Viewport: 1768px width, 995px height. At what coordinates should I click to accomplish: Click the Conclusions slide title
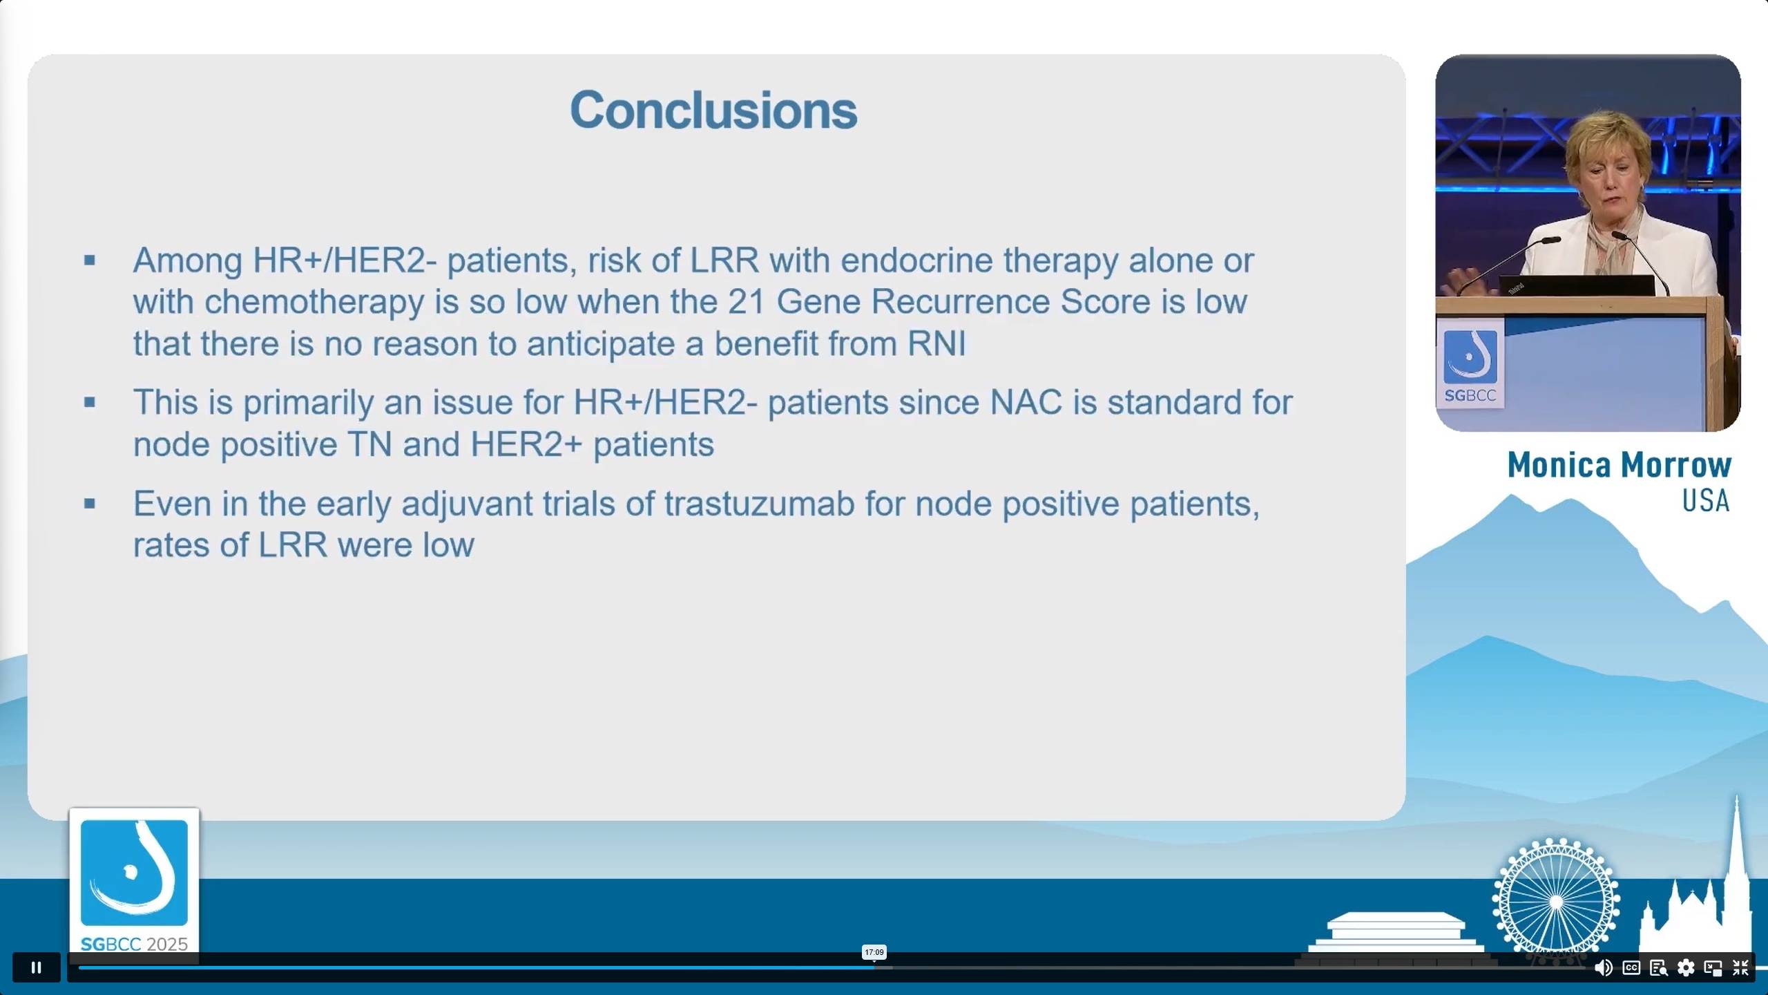tap(713, 110)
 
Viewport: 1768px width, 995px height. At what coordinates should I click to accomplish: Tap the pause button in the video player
tap(37, 967)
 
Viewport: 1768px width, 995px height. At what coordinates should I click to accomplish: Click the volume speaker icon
tap(1603, 967)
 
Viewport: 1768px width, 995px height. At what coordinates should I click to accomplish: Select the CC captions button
tap(1631, 967)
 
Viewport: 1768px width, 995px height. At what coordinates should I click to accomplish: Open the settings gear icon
tap(1686, 967)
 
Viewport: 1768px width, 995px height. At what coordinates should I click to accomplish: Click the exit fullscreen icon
tap(1740, 967)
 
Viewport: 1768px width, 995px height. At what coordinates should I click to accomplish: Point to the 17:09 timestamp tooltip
tap(874, 952)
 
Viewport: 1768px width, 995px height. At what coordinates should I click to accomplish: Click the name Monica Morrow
tap(1619, 465)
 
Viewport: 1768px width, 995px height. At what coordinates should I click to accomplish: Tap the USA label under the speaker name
tap(1706, 500)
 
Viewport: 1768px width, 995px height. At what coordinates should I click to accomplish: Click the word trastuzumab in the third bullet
tap(760, 504)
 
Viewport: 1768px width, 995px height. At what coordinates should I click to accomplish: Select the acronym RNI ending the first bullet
tap(936, 343)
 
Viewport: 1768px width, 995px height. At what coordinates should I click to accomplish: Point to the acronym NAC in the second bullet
tap(1026, 402)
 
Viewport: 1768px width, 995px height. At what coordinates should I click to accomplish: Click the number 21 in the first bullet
tap(746, 301)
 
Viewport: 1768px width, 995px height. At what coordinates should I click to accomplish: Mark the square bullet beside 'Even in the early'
tap(90, 504)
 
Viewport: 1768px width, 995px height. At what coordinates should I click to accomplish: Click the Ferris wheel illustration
tap(1556, 901)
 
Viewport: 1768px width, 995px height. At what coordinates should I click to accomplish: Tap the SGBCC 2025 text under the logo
tap(134, 944)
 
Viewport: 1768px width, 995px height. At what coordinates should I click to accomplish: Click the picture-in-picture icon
tap(1713, 967)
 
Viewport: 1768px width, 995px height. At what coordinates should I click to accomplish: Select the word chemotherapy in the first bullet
tap(314, 303)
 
